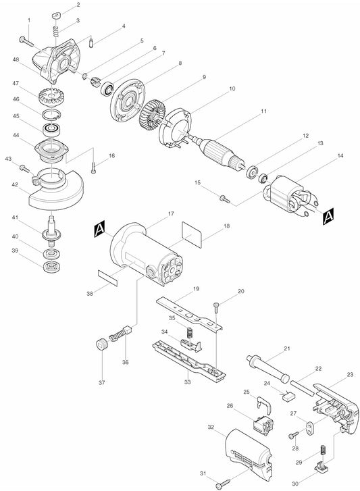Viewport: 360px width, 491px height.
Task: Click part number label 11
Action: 263,111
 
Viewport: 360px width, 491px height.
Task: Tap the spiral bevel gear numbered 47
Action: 49,97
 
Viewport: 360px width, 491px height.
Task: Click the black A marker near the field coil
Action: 328,216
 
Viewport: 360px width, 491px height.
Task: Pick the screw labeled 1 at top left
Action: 26,41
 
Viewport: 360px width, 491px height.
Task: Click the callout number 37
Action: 102,382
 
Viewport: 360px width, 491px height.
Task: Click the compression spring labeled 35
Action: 189,333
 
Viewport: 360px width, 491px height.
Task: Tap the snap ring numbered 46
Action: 51,115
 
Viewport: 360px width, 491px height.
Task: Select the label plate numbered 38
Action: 107,278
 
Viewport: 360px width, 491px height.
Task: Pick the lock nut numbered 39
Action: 52,266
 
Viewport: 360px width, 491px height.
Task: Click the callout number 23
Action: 350,374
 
